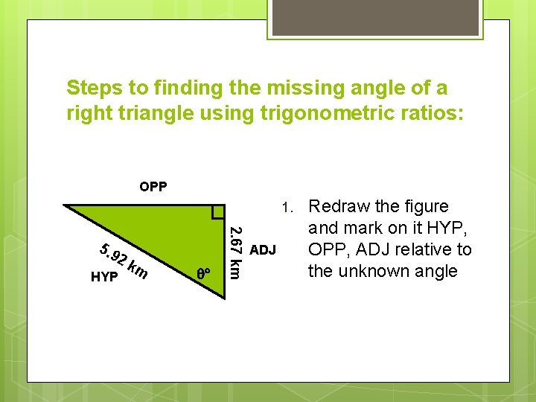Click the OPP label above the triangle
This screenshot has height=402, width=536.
coord(153,186)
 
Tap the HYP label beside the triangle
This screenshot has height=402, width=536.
coord(103,277)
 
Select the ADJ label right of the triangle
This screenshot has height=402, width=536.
coord(263,249)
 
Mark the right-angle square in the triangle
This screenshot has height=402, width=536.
coord(217,211)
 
